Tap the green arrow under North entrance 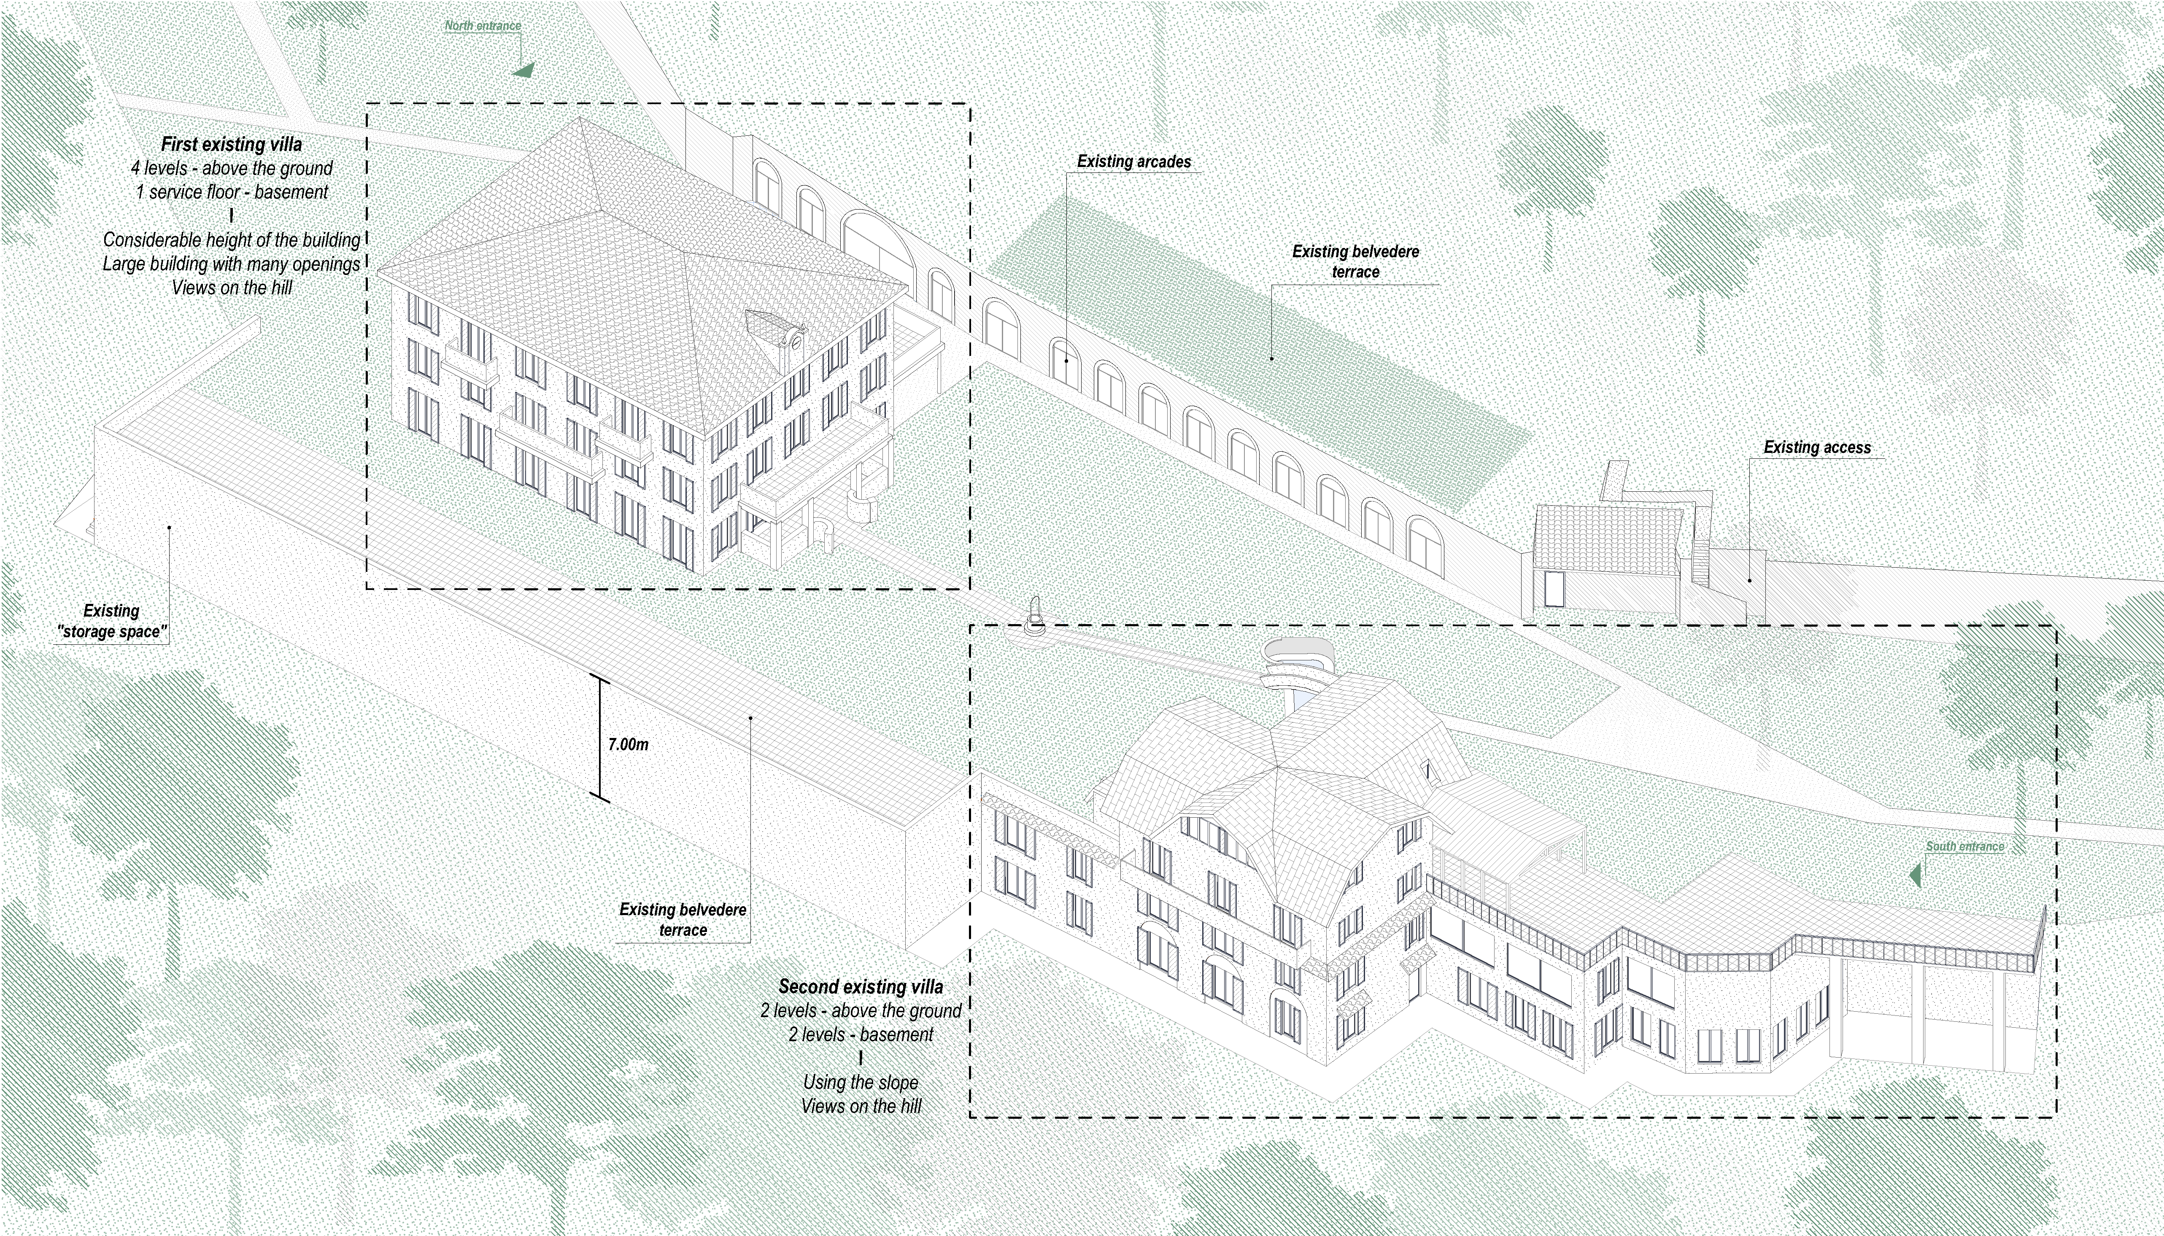pos(525,70)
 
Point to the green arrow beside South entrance pos(1915,874)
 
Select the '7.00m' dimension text pos(628,744)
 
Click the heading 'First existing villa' pos(231,144)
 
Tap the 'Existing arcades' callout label pos(1133,161)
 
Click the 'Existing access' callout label pos(1817,447)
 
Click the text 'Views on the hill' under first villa pos(232,288)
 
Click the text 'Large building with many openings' pos(232,264)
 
